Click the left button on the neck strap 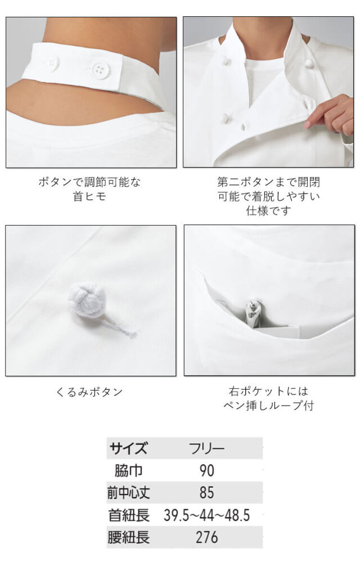coord(52,62)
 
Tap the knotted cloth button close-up coord(86,298)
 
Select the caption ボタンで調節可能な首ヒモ coord(89,189)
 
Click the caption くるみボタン coord(89,392)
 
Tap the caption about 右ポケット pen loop coord(268,398)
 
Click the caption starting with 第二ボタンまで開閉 coord(268,196)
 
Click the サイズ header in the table coord(129,448)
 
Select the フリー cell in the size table coord(206,448)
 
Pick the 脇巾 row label coord(129,471)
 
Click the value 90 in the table coord(207,471)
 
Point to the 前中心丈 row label coord(129,493)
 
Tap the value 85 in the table coord(207,493)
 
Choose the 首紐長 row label coord(129,515)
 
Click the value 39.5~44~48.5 coord(207,515)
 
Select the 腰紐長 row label coord(129,537)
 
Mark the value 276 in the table coord(207,537)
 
